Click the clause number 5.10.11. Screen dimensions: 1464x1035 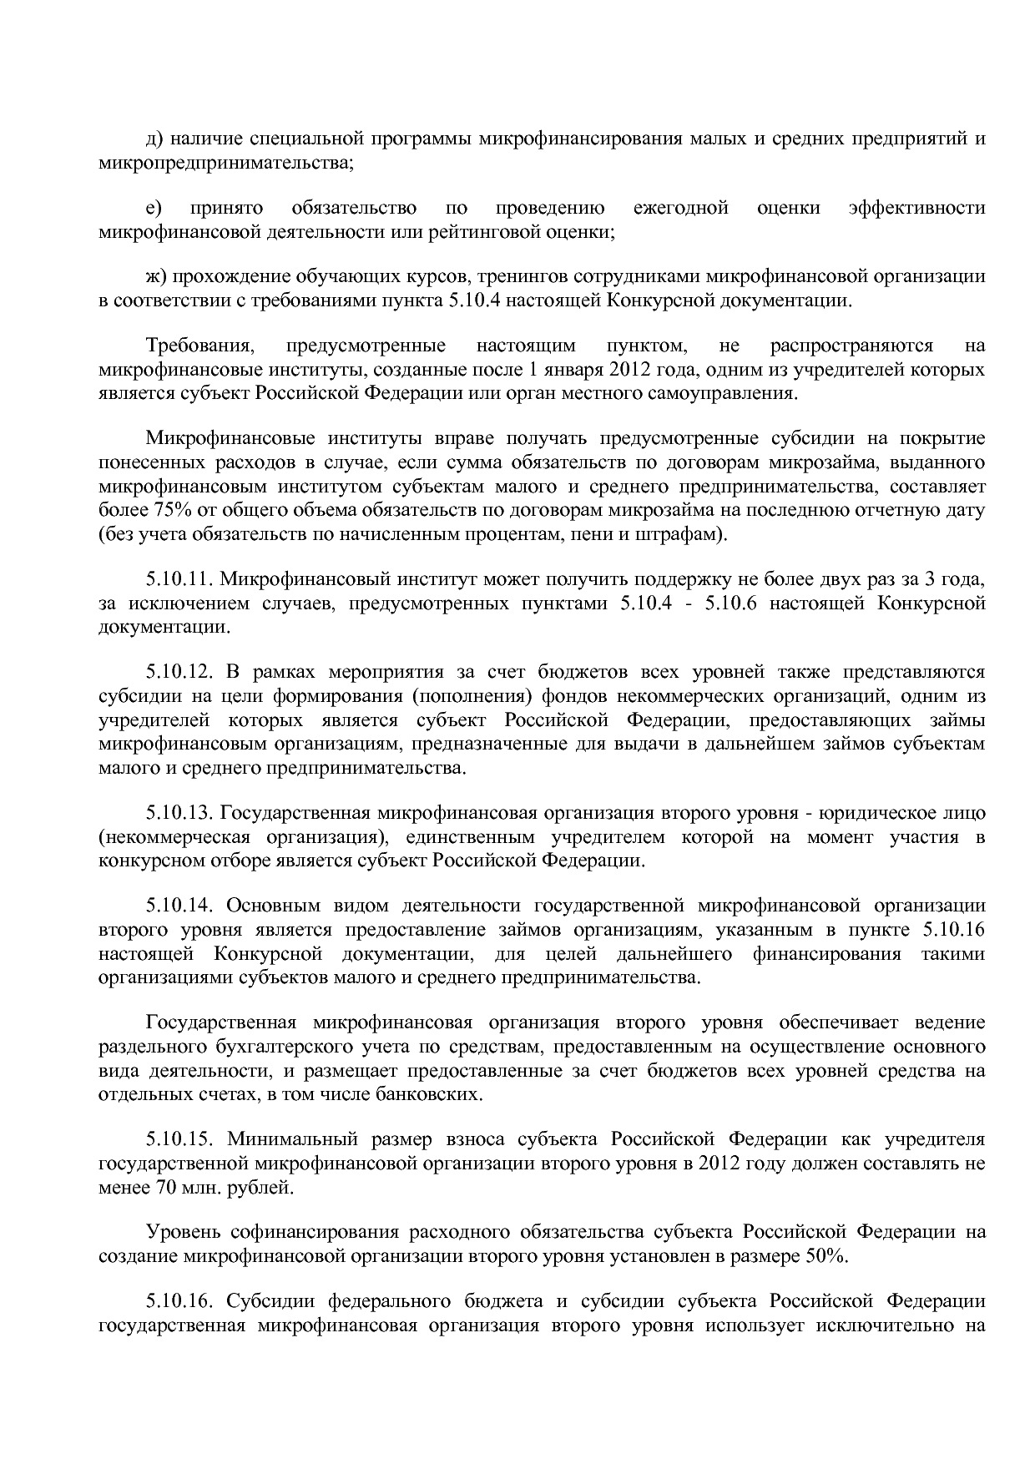[x=179, y=578]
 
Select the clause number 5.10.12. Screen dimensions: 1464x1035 [x=179, y=672]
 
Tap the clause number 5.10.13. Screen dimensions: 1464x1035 [x=179, y=812]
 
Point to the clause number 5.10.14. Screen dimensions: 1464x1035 [x=179, y=906]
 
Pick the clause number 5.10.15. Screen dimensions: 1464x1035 [x=179, y=1139]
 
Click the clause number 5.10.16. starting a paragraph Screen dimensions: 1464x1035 [x=179, y=1301]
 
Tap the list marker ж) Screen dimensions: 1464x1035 [x=157, y=276]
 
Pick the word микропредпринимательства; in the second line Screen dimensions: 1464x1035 [x=226, y=162]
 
